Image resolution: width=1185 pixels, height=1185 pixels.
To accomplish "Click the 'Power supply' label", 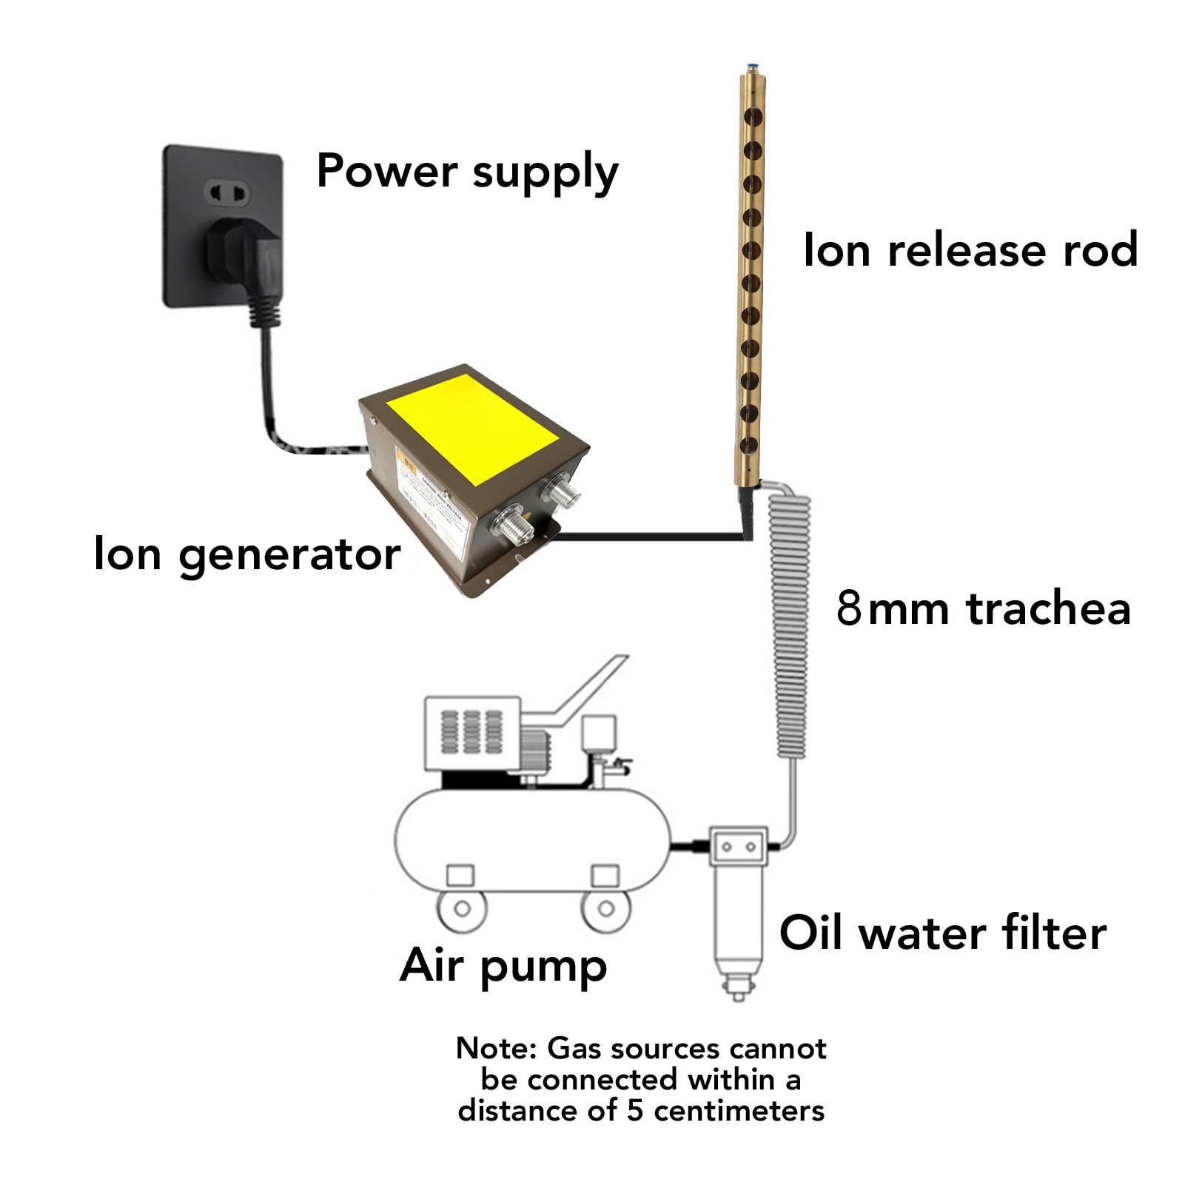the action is pyautogui.click(x=467, y=172).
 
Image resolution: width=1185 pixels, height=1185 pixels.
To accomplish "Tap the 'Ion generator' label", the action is pyautogui.click(x=247, y=554).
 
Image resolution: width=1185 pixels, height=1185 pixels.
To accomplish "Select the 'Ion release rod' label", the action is pyautogui.click(x=970, y=249).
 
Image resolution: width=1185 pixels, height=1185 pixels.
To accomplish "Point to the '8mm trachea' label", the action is pyautogui.click(x=984, y=608).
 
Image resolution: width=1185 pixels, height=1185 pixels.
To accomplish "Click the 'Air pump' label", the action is pyautogui.click(x=503, y=967).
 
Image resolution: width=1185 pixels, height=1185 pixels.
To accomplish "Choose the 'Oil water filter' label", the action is pyautogui.click(x=943, y=933).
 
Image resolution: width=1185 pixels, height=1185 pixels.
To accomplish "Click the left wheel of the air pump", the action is pyautogui.click(x=462, y=908).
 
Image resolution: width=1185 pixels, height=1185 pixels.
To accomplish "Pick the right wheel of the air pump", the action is pyautogui.click(x=605, y=908).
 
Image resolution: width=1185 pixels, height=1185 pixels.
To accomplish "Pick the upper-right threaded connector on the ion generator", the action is pyautogui.click(x=557, y=489).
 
